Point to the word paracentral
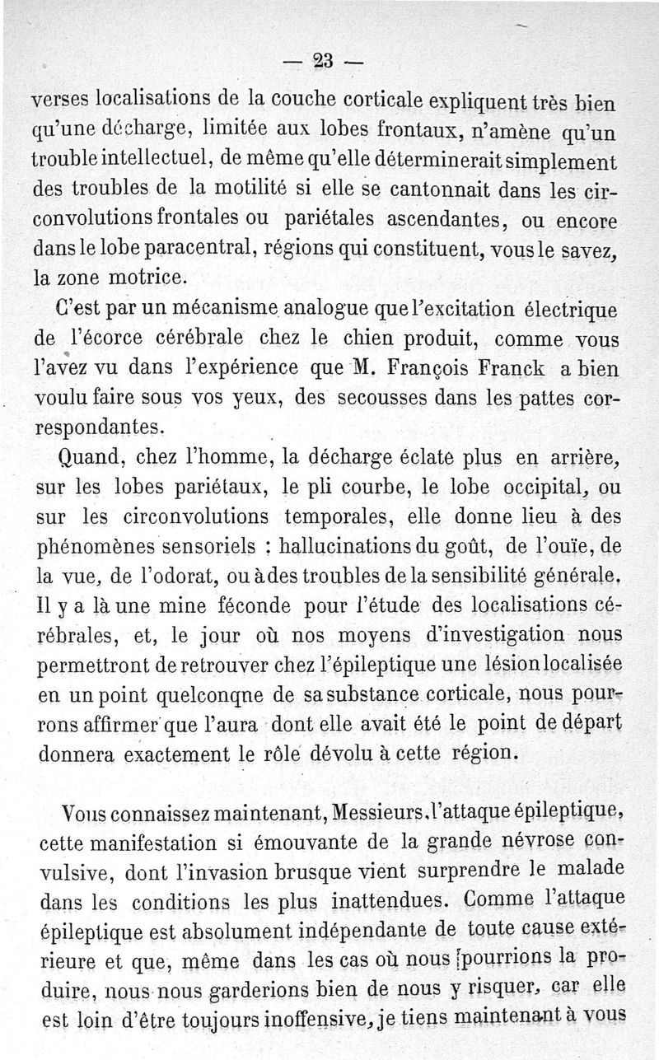click(189, 246)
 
